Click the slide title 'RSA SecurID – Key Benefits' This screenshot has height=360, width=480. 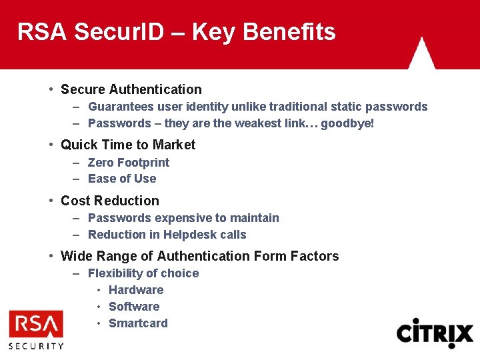(x=177, y=31)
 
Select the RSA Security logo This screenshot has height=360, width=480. (x=36, y=329)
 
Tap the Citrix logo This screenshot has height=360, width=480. (x=435, y=333)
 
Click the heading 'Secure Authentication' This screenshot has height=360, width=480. (x=131, y=89)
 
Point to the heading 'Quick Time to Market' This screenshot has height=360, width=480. (x=128, y=145)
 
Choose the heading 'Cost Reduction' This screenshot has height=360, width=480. (x=110, y=201)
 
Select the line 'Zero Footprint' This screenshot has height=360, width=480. (x=129, y=163)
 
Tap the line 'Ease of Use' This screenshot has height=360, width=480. (x=122, y=179)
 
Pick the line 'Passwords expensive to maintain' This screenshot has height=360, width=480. (x=183, y=218)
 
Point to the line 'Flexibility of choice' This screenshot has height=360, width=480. (x=143, y=273)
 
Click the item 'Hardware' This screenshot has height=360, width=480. (x=136, y=290)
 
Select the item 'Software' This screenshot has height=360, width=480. (x=134, y=307)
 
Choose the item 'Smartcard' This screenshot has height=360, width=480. (x=138, y=323)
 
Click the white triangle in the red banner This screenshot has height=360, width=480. (x=421, y=55)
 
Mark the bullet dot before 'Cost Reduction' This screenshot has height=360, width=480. (x=51, y=201)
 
